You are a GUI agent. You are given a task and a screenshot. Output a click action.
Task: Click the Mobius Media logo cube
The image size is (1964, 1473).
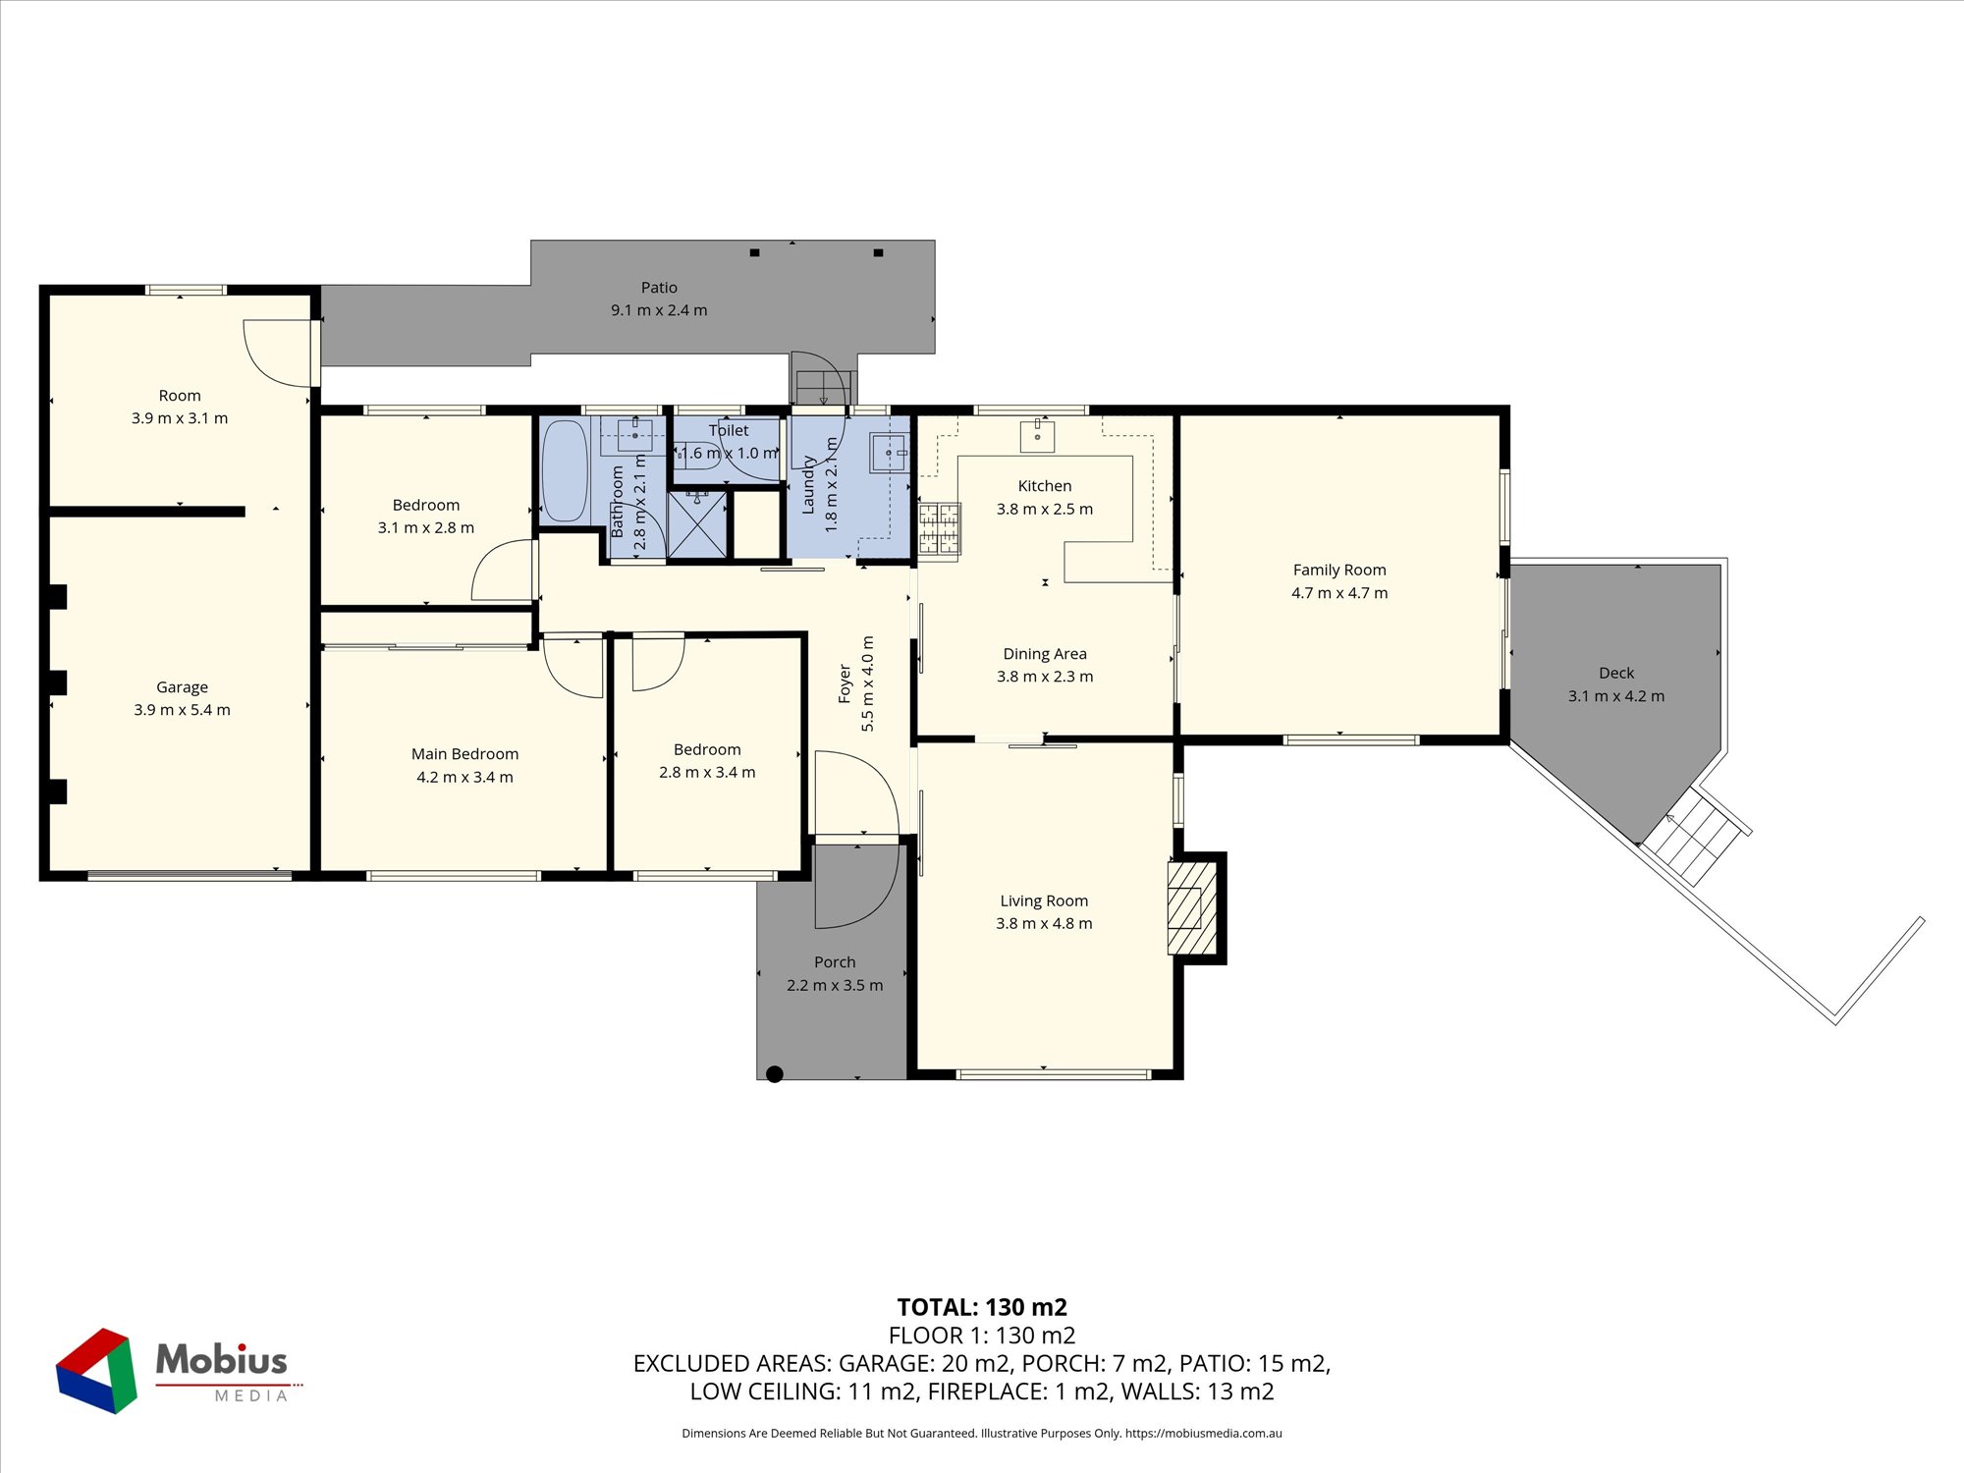(x=96, y=1371)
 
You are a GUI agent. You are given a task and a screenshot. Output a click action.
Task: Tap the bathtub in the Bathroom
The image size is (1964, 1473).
(x=565, y=471)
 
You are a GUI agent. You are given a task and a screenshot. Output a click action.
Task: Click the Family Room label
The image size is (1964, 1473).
(x=1339, y=570)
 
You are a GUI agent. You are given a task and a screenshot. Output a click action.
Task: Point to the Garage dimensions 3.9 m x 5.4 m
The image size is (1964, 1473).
(x=182, y=710)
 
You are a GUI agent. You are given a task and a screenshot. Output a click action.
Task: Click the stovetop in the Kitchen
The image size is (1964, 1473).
(x=939, y=529)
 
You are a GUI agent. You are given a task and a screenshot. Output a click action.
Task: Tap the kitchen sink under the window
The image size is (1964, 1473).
(x=1037, y=434)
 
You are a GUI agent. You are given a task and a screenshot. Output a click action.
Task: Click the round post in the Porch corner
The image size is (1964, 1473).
(x=775, y=1074)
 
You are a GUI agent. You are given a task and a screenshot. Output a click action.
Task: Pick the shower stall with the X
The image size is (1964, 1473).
(x=697, y=524)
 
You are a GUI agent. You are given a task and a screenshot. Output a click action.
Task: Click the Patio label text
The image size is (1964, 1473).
(x=659, y=288)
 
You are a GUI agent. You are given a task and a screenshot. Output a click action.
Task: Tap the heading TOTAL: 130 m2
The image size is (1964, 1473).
(x=982, y=1307)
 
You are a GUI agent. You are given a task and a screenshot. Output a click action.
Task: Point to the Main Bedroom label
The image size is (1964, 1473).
(x=464, y=754)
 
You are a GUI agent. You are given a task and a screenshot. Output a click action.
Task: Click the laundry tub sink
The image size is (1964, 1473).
(x=890, y=453)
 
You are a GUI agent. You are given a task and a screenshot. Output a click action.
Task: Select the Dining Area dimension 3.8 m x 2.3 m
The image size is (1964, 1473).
(x=1045, y=677)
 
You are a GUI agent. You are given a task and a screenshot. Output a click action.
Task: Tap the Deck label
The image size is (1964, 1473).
(x=1616, y=673)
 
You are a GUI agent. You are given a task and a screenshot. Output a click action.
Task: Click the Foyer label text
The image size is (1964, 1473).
(x=845, y=683)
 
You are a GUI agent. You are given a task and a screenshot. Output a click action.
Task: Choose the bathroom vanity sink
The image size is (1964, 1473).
(x=635, y=435)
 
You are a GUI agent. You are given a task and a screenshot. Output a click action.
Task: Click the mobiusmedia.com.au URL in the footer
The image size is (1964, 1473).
(x=1204, y=1434)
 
